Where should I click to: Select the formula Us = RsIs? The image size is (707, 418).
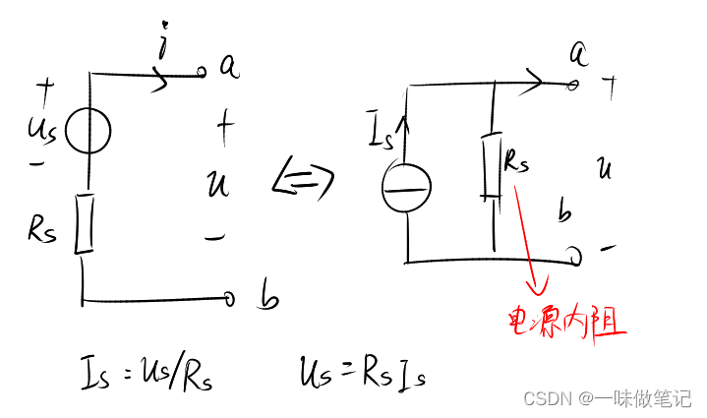point(363,372)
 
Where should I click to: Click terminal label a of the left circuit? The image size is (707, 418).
point(228,66)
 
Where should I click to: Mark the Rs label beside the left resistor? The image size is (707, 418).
point(42,230)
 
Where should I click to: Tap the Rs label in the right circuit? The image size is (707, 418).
point(515,162)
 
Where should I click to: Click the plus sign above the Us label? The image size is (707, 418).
point(43,90)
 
